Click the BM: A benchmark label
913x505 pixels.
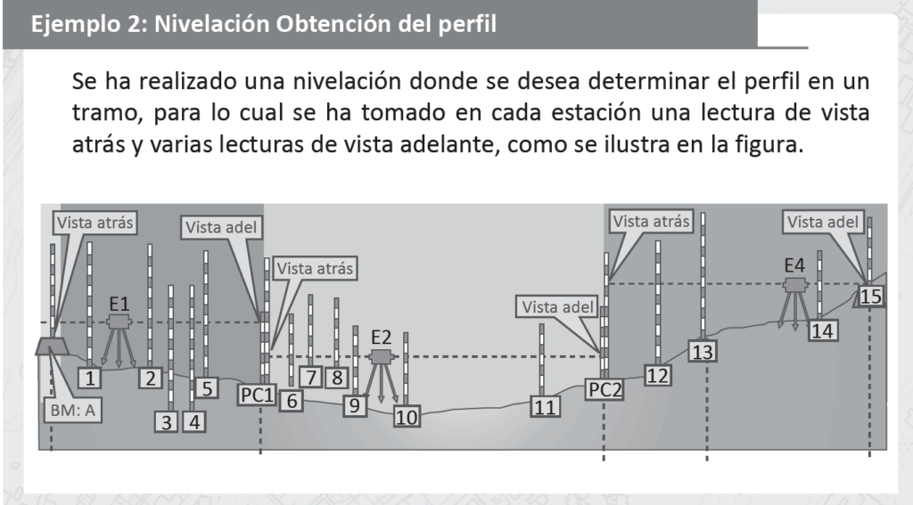click(x=72, y=411)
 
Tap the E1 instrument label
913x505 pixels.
click(x=119, y=304)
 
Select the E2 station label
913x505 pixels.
click(x=381, y=337)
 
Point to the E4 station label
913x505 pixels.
click(x=794, y=265)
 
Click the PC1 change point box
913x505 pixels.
click(x=257, y=395)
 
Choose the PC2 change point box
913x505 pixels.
click(x=605, y=389)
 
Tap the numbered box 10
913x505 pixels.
click(x=407, y=417)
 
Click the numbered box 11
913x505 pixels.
click(x=545, y=407)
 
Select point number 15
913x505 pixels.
click(x=870, y=296)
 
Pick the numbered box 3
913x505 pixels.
click(x=167, y=422)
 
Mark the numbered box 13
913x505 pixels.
click(x=703, y=352)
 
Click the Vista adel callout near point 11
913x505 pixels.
click(x=557, y=306)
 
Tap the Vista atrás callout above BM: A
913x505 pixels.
click(x=95, y=223)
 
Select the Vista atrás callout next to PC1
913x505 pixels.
click(x=315, y=268)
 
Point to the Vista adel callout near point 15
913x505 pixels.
click(x=823, y=222)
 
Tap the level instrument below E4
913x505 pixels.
click(x=794, y=303)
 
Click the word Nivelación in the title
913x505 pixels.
click(x=211, y=24)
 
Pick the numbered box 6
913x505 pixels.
click(x=292, y=400)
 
